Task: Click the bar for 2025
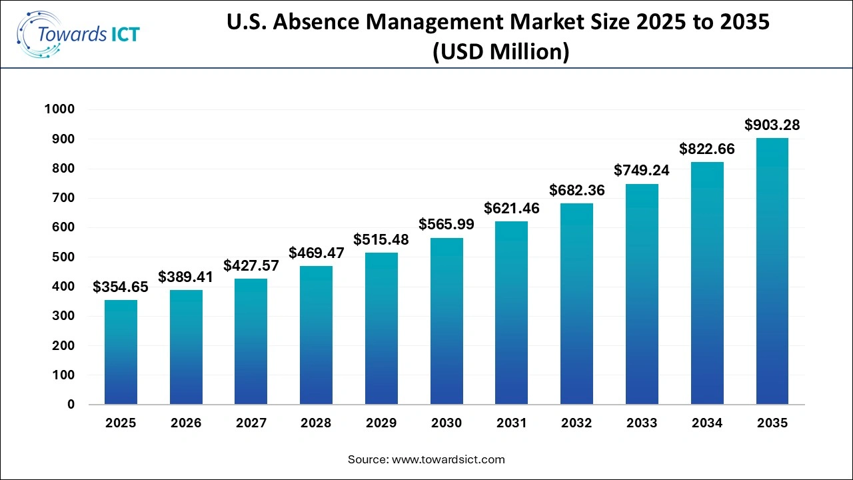tap(121, 352)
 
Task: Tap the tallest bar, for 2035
tap(772, 271)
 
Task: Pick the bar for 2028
tap(316, 335)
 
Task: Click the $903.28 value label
tap(772, 125)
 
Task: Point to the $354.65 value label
tap(121, 287)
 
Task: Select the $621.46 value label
tap(512, 209)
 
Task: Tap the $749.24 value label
tap(642, 171)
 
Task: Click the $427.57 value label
tap(251, 266)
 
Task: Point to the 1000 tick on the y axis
tap(59, 109)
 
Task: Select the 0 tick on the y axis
tap(70, 405)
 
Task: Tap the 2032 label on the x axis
tap(576, 423)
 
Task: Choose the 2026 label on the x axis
tap(186, 423)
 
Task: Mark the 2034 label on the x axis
tap(707, 423)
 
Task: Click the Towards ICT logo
tap(79, 34)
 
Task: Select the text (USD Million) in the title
tap(501, 51)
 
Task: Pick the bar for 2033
tap(642, 294)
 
